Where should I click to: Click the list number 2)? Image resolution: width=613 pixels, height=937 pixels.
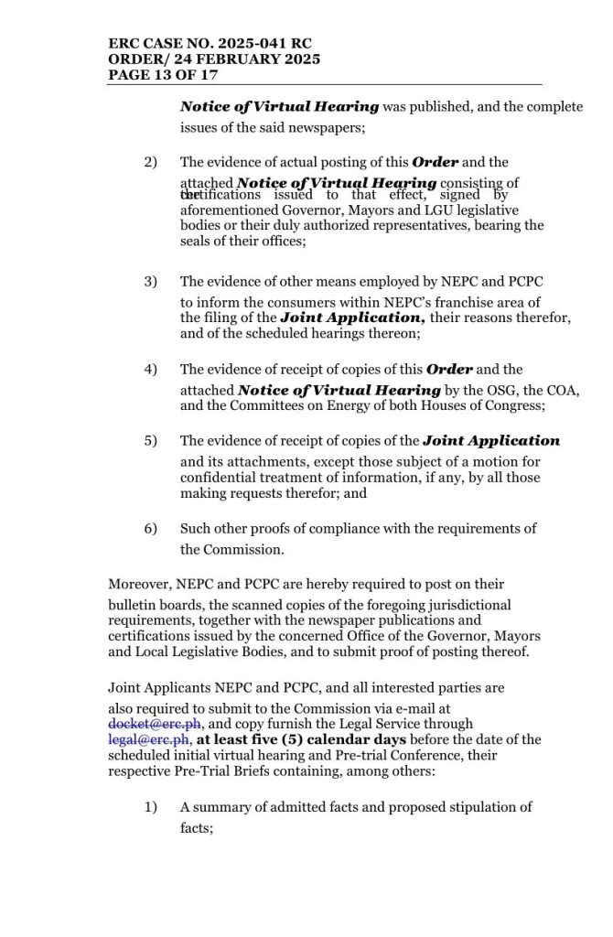click(151, 162)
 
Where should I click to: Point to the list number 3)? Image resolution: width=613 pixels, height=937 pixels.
click(151, 282)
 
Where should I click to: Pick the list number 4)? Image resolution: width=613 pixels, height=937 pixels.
click(151, 370)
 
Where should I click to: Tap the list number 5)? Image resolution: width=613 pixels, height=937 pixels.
click(151, 440)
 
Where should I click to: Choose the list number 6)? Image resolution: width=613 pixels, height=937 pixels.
click(151, 528)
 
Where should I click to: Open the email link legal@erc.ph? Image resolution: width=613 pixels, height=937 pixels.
click(149, 739)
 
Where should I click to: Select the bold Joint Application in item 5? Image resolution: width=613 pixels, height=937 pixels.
click(491, 440)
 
